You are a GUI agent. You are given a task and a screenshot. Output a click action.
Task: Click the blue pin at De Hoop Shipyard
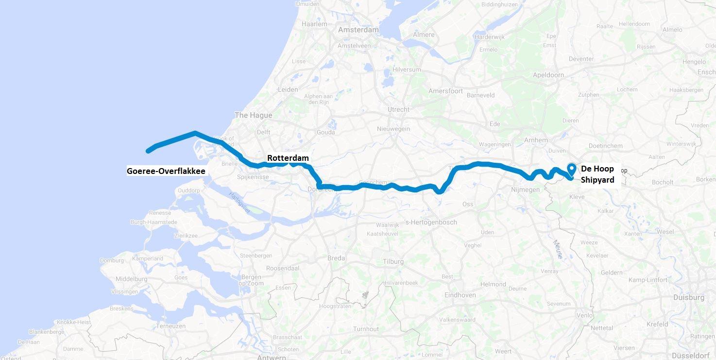572,169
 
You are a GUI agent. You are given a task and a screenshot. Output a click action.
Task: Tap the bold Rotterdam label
288,158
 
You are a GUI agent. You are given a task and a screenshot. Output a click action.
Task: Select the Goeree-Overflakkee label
166,171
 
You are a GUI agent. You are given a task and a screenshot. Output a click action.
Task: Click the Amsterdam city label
358,30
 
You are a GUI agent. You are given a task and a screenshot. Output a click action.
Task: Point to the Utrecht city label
398,109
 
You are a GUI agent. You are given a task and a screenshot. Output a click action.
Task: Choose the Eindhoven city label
460,295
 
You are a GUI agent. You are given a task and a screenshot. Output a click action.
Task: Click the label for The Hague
253,115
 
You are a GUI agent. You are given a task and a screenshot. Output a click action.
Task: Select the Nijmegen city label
525,189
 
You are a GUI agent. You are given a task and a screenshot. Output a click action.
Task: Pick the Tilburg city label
393,261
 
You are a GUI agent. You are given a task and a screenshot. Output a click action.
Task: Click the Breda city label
336,258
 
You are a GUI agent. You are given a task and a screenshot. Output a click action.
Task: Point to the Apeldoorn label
548,75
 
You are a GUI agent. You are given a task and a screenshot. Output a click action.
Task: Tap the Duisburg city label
689,297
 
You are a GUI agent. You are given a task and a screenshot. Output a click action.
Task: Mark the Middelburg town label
131,279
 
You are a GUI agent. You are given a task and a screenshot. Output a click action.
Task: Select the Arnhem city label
536,140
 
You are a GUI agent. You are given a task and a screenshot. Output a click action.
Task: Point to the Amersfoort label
445,91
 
